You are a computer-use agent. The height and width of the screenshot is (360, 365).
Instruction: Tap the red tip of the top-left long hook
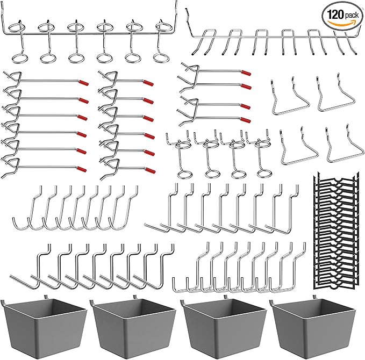tap(83, 83)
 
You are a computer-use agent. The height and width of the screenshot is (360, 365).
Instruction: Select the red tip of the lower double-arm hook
tap(245, 105)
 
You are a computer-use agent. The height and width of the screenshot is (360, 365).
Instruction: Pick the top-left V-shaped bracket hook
tap(291, 97)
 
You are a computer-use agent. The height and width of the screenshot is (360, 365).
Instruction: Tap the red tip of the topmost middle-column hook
tap(149, 83)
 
